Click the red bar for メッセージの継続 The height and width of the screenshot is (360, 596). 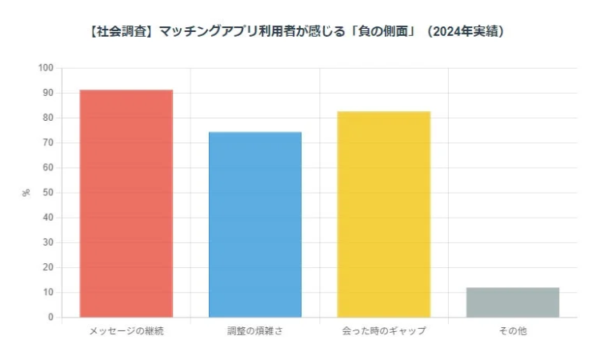[126, 203]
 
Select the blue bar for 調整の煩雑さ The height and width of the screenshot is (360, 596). [255, 225]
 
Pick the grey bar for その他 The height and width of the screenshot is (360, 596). [513, 302]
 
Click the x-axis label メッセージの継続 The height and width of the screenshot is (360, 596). [126, 330]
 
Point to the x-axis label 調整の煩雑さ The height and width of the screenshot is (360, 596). [255, 330]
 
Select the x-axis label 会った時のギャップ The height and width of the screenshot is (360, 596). [384, 330]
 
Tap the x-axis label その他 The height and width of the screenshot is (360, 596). [513, 330]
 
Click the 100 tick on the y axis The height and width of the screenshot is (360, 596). [46, 68]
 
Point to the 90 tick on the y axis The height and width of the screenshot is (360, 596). [48, 93]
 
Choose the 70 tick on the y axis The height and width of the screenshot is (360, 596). [48, 143]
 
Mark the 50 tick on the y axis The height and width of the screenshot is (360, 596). [48, 193]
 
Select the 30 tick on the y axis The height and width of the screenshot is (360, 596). [48, 242]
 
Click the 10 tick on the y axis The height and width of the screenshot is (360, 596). [48, 293]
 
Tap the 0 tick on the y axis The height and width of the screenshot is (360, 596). [50, 318]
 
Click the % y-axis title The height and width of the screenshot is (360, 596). [26, 193]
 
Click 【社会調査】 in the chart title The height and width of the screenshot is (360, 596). [118, 33]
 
